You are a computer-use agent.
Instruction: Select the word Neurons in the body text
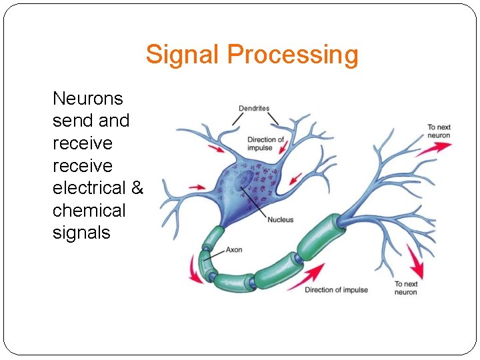[88, 99]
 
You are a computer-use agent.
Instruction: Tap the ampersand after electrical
[137, 188]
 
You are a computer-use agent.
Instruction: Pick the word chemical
[89, 211]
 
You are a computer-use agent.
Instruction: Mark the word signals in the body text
[81, 233]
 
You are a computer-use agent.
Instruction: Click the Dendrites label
[254, 108]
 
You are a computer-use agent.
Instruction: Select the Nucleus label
[281, 220]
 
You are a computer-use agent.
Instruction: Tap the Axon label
[234, 250]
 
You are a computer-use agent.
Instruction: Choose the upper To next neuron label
[439, 131]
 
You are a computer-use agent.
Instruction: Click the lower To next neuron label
[405, 288]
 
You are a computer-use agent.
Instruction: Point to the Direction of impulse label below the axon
[336, 290]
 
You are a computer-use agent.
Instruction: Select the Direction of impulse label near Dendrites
[265, 144]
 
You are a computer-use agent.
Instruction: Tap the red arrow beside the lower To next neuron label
[415, 265]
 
